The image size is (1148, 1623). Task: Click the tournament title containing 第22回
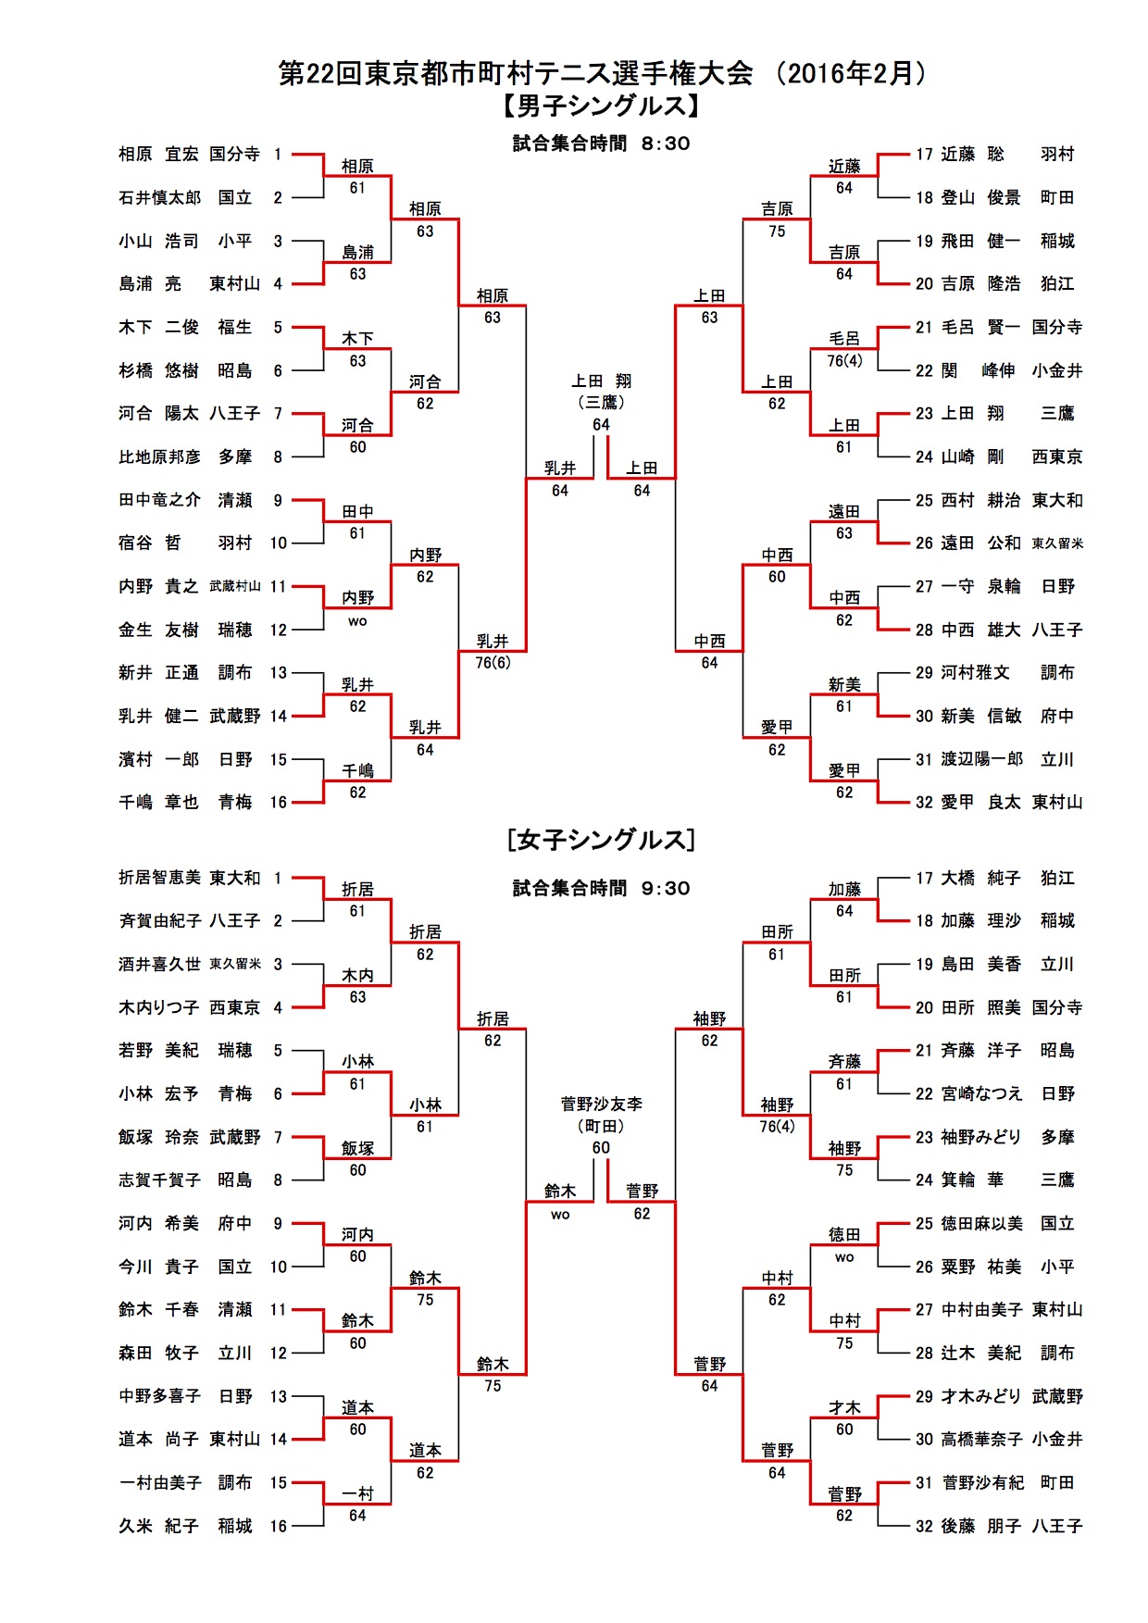click(602, 73)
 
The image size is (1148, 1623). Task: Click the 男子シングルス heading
click(601, 106)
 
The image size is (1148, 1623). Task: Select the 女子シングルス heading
click(601, 840)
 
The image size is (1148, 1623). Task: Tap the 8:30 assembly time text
click(666, 144)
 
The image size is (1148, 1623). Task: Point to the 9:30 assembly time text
click(666, 889)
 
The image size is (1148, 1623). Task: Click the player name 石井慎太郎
click(159, 197)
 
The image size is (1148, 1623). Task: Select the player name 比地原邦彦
click(159, 456)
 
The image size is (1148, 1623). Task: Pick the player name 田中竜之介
click(159, 500)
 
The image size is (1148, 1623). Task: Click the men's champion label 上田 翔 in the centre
click(601, 381)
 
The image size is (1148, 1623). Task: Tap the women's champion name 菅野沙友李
click(601, 1105)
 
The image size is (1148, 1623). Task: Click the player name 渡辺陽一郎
click(981, 759)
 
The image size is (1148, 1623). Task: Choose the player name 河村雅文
click(975, 673)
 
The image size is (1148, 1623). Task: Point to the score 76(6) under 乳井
click(493, 663)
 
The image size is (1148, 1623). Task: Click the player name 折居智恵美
click(159, 878)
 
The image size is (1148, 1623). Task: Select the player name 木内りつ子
click(159, 1007)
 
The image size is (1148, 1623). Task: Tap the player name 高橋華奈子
click(981, 1440)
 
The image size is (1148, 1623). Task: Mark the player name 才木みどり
click(981, 1396)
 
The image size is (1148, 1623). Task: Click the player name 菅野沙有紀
click(981, 1483)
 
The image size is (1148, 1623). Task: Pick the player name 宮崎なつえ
click(981, 1094)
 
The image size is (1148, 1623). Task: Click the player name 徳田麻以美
click(981, 1224)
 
